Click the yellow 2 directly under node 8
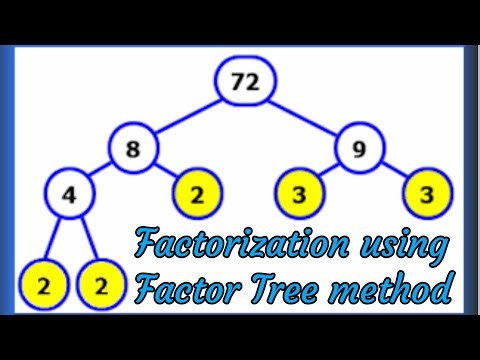(x=197, y=196)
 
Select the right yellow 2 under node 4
(x=100, y=285)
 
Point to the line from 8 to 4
(x=99, y=174)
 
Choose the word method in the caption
(x=400, y=290)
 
